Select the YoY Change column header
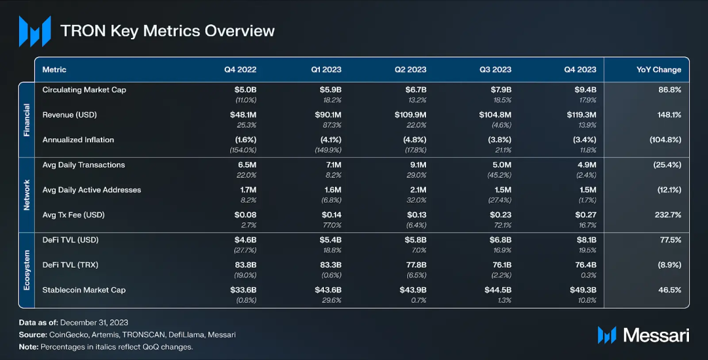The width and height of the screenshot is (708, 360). point(658,70)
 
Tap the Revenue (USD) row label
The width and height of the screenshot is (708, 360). point(69,115)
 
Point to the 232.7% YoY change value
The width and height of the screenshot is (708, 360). point(668,215)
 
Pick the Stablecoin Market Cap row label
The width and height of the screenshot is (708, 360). point(84,290)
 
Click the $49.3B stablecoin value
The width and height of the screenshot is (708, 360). point(583,290)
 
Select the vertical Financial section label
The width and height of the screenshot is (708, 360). point(27,119)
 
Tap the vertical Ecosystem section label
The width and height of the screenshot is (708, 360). point(27,270)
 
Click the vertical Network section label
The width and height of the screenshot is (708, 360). point(27,194)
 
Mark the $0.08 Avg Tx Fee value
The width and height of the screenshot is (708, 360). point(245,215)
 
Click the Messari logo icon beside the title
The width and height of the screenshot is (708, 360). point(35,31)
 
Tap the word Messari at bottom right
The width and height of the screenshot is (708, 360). point(656,335)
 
